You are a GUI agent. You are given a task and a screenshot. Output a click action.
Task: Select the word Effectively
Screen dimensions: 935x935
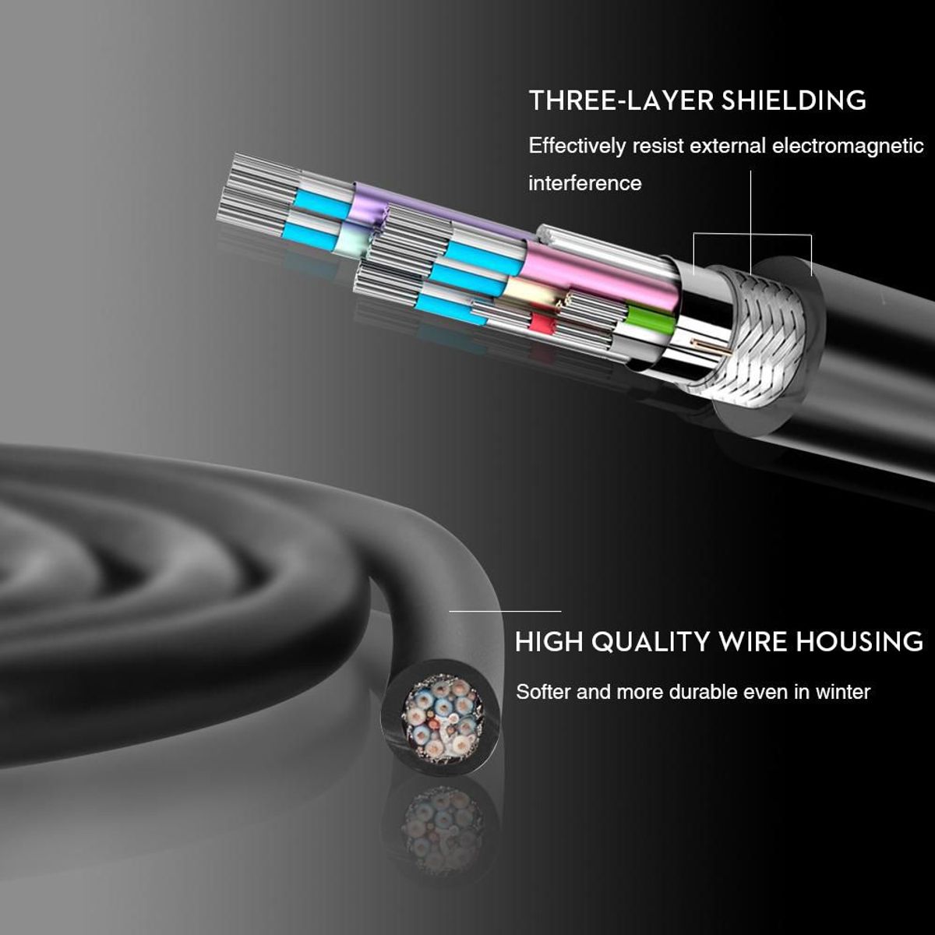click(577, 146)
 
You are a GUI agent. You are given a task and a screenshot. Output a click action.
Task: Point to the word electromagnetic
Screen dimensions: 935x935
click(848, 146)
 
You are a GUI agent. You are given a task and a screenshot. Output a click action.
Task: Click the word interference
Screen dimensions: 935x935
click(585, 184)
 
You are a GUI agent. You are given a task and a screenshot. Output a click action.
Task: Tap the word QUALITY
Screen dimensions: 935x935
click(650, 642)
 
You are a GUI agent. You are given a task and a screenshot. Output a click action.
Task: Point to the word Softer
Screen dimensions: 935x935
click(544, 692)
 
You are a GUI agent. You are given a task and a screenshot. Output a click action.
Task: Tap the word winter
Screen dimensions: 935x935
click(842, 692)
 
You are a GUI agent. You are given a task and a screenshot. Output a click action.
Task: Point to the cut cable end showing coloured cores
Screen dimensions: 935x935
click(441, 715)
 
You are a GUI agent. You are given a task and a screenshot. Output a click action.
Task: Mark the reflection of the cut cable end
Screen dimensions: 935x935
click(441, 827)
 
